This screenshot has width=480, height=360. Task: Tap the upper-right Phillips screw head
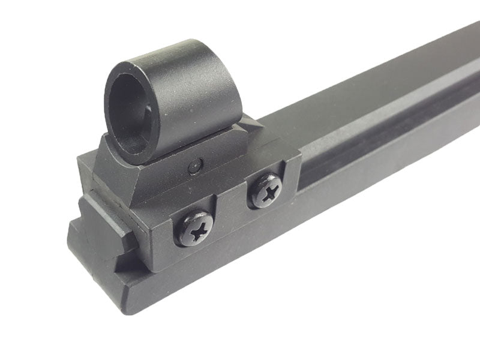tap(266, 191)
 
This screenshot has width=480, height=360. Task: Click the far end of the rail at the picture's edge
tap(474, 60)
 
